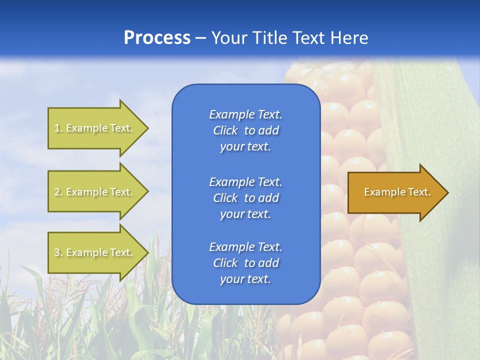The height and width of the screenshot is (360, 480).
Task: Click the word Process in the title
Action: (157, 38)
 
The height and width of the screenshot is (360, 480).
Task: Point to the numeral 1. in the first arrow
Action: (58, 128)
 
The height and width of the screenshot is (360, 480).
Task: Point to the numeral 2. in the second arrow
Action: (58, 192)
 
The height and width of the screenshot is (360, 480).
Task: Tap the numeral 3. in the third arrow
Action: (58, 252)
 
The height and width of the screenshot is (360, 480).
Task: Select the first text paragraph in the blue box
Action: (245, 130)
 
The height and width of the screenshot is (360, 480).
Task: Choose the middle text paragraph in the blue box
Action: (245, 198)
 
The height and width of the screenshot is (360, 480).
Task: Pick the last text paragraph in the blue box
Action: (245, 263)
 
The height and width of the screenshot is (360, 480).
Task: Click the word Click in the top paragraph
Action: (225, 130)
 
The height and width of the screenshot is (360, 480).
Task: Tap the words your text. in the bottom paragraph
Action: (245, 279)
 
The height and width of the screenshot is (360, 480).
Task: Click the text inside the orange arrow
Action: (397, 192)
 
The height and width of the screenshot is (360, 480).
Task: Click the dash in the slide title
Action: (201, 38)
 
